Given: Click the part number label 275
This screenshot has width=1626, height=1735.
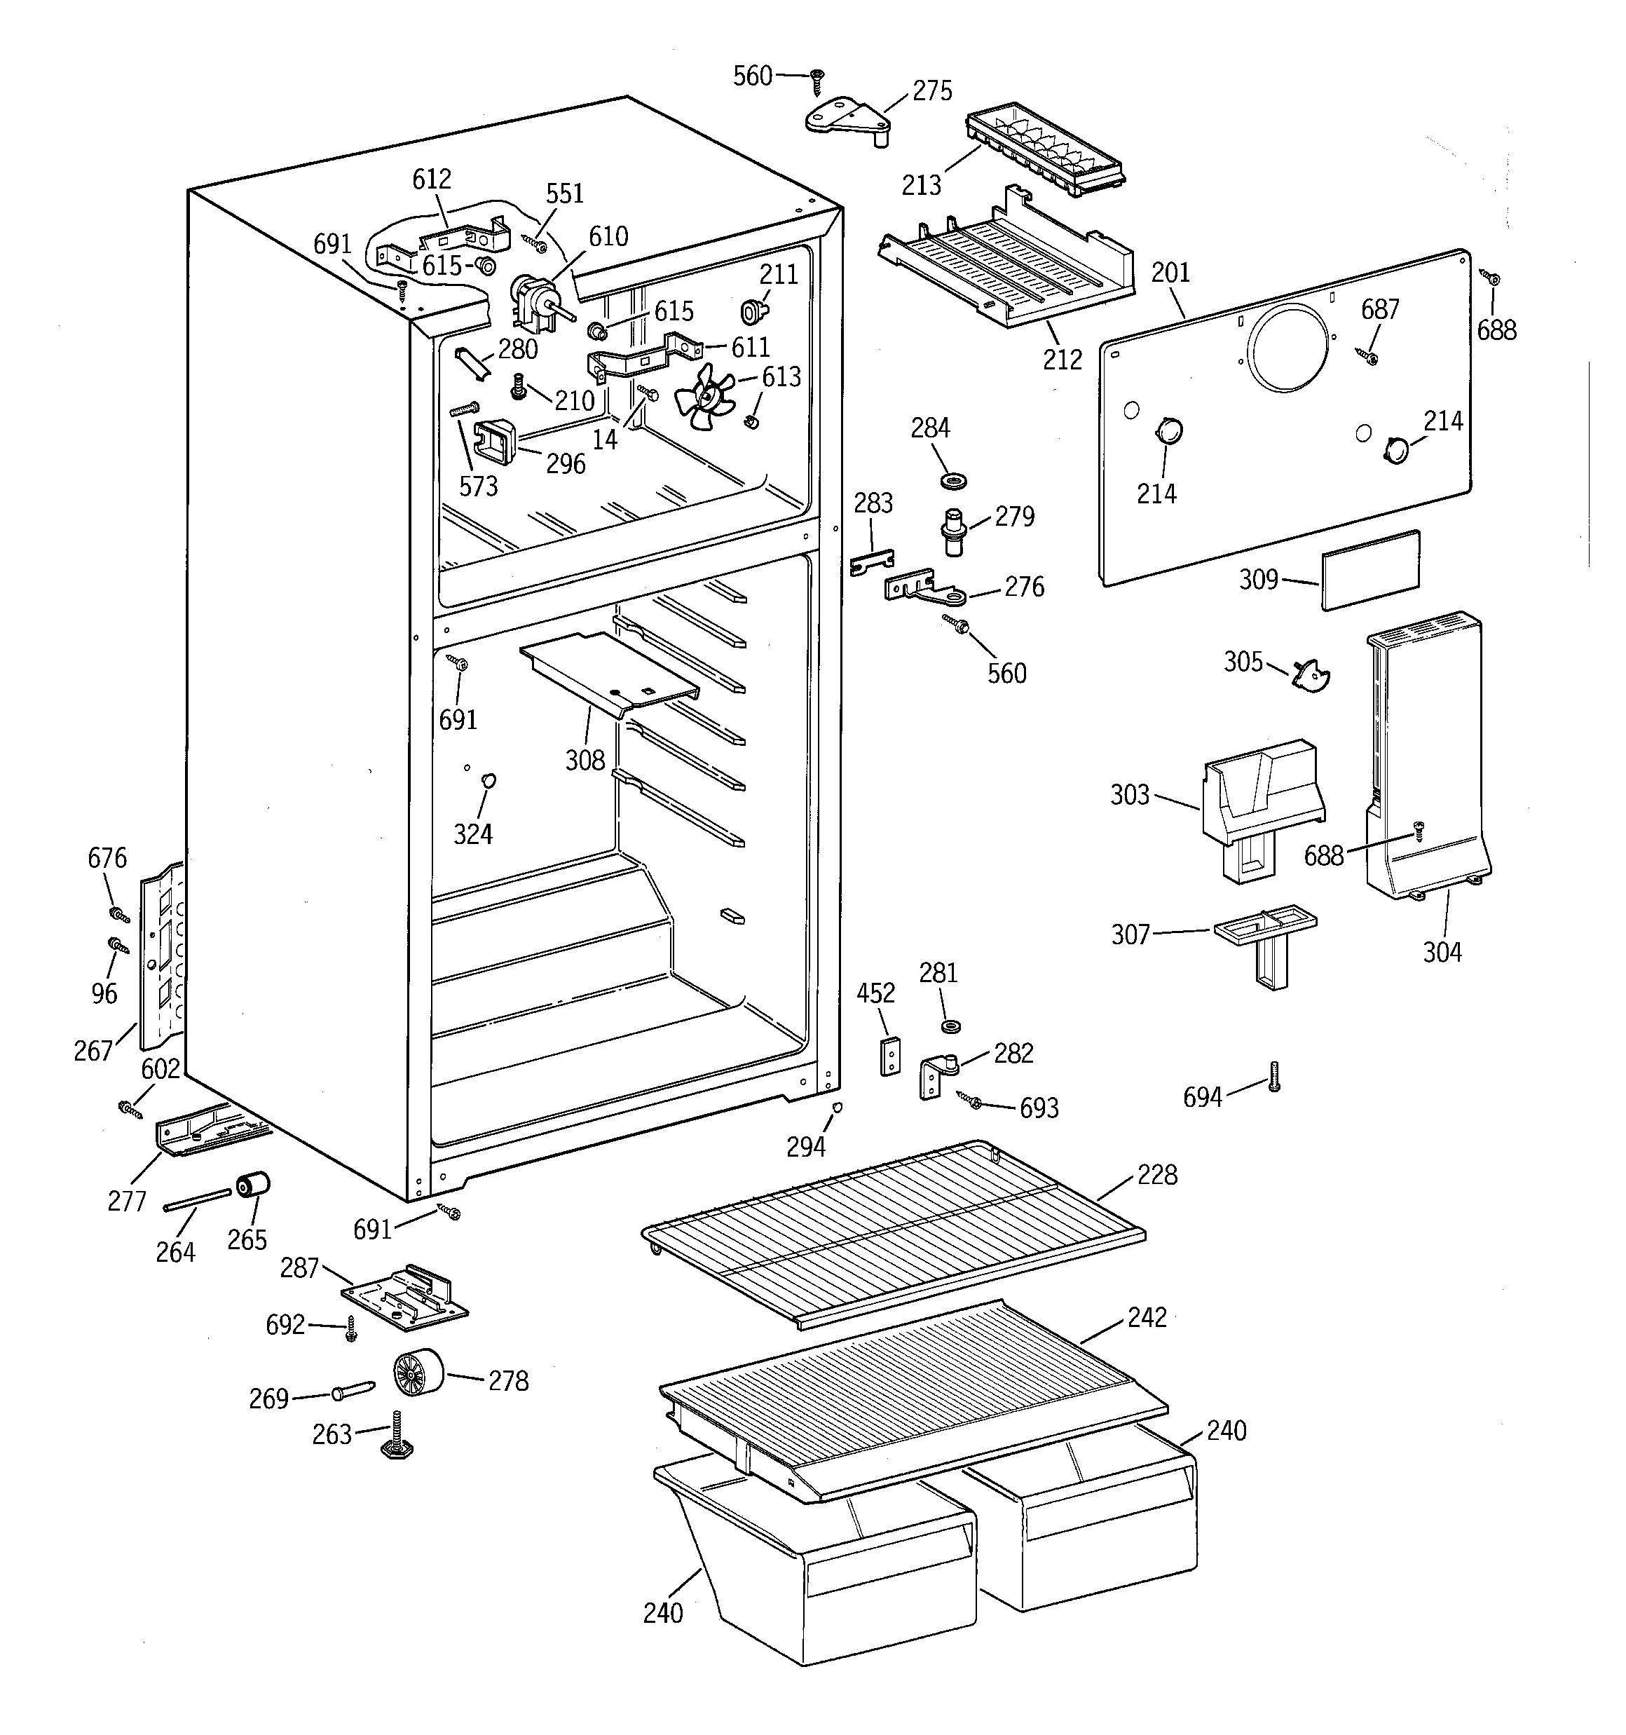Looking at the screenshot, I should [x=931, y=90].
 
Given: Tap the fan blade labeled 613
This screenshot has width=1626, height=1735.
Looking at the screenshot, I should [x=704, y=397].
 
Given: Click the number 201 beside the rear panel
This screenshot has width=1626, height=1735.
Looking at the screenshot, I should [x=1170, y=273].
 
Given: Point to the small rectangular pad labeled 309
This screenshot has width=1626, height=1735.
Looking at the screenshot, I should [x=1369, y=570].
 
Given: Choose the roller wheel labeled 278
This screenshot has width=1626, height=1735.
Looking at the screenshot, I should [x=416, y=1375].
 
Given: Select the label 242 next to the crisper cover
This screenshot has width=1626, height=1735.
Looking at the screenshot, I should [x=1146, y=1317].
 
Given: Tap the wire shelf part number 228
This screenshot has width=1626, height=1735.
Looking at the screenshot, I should [x=1156, y=1175].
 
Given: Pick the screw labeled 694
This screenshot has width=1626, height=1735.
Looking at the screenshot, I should [x=1273, y=1076].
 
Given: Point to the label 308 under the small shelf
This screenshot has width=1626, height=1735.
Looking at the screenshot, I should [x=584, y=760].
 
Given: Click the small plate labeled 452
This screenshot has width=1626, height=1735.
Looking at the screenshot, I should [x=889, y=1056].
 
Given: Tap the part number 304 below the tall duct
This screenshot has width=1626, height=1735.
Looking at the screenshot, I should [x=1442, y=951].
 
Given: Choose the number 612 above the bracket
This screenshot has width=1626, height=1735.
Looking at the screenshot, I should [x=431, y=179].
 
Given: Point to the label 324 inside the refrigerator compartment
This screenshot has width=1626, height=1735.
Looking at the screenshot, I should [x=472, y=834].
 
